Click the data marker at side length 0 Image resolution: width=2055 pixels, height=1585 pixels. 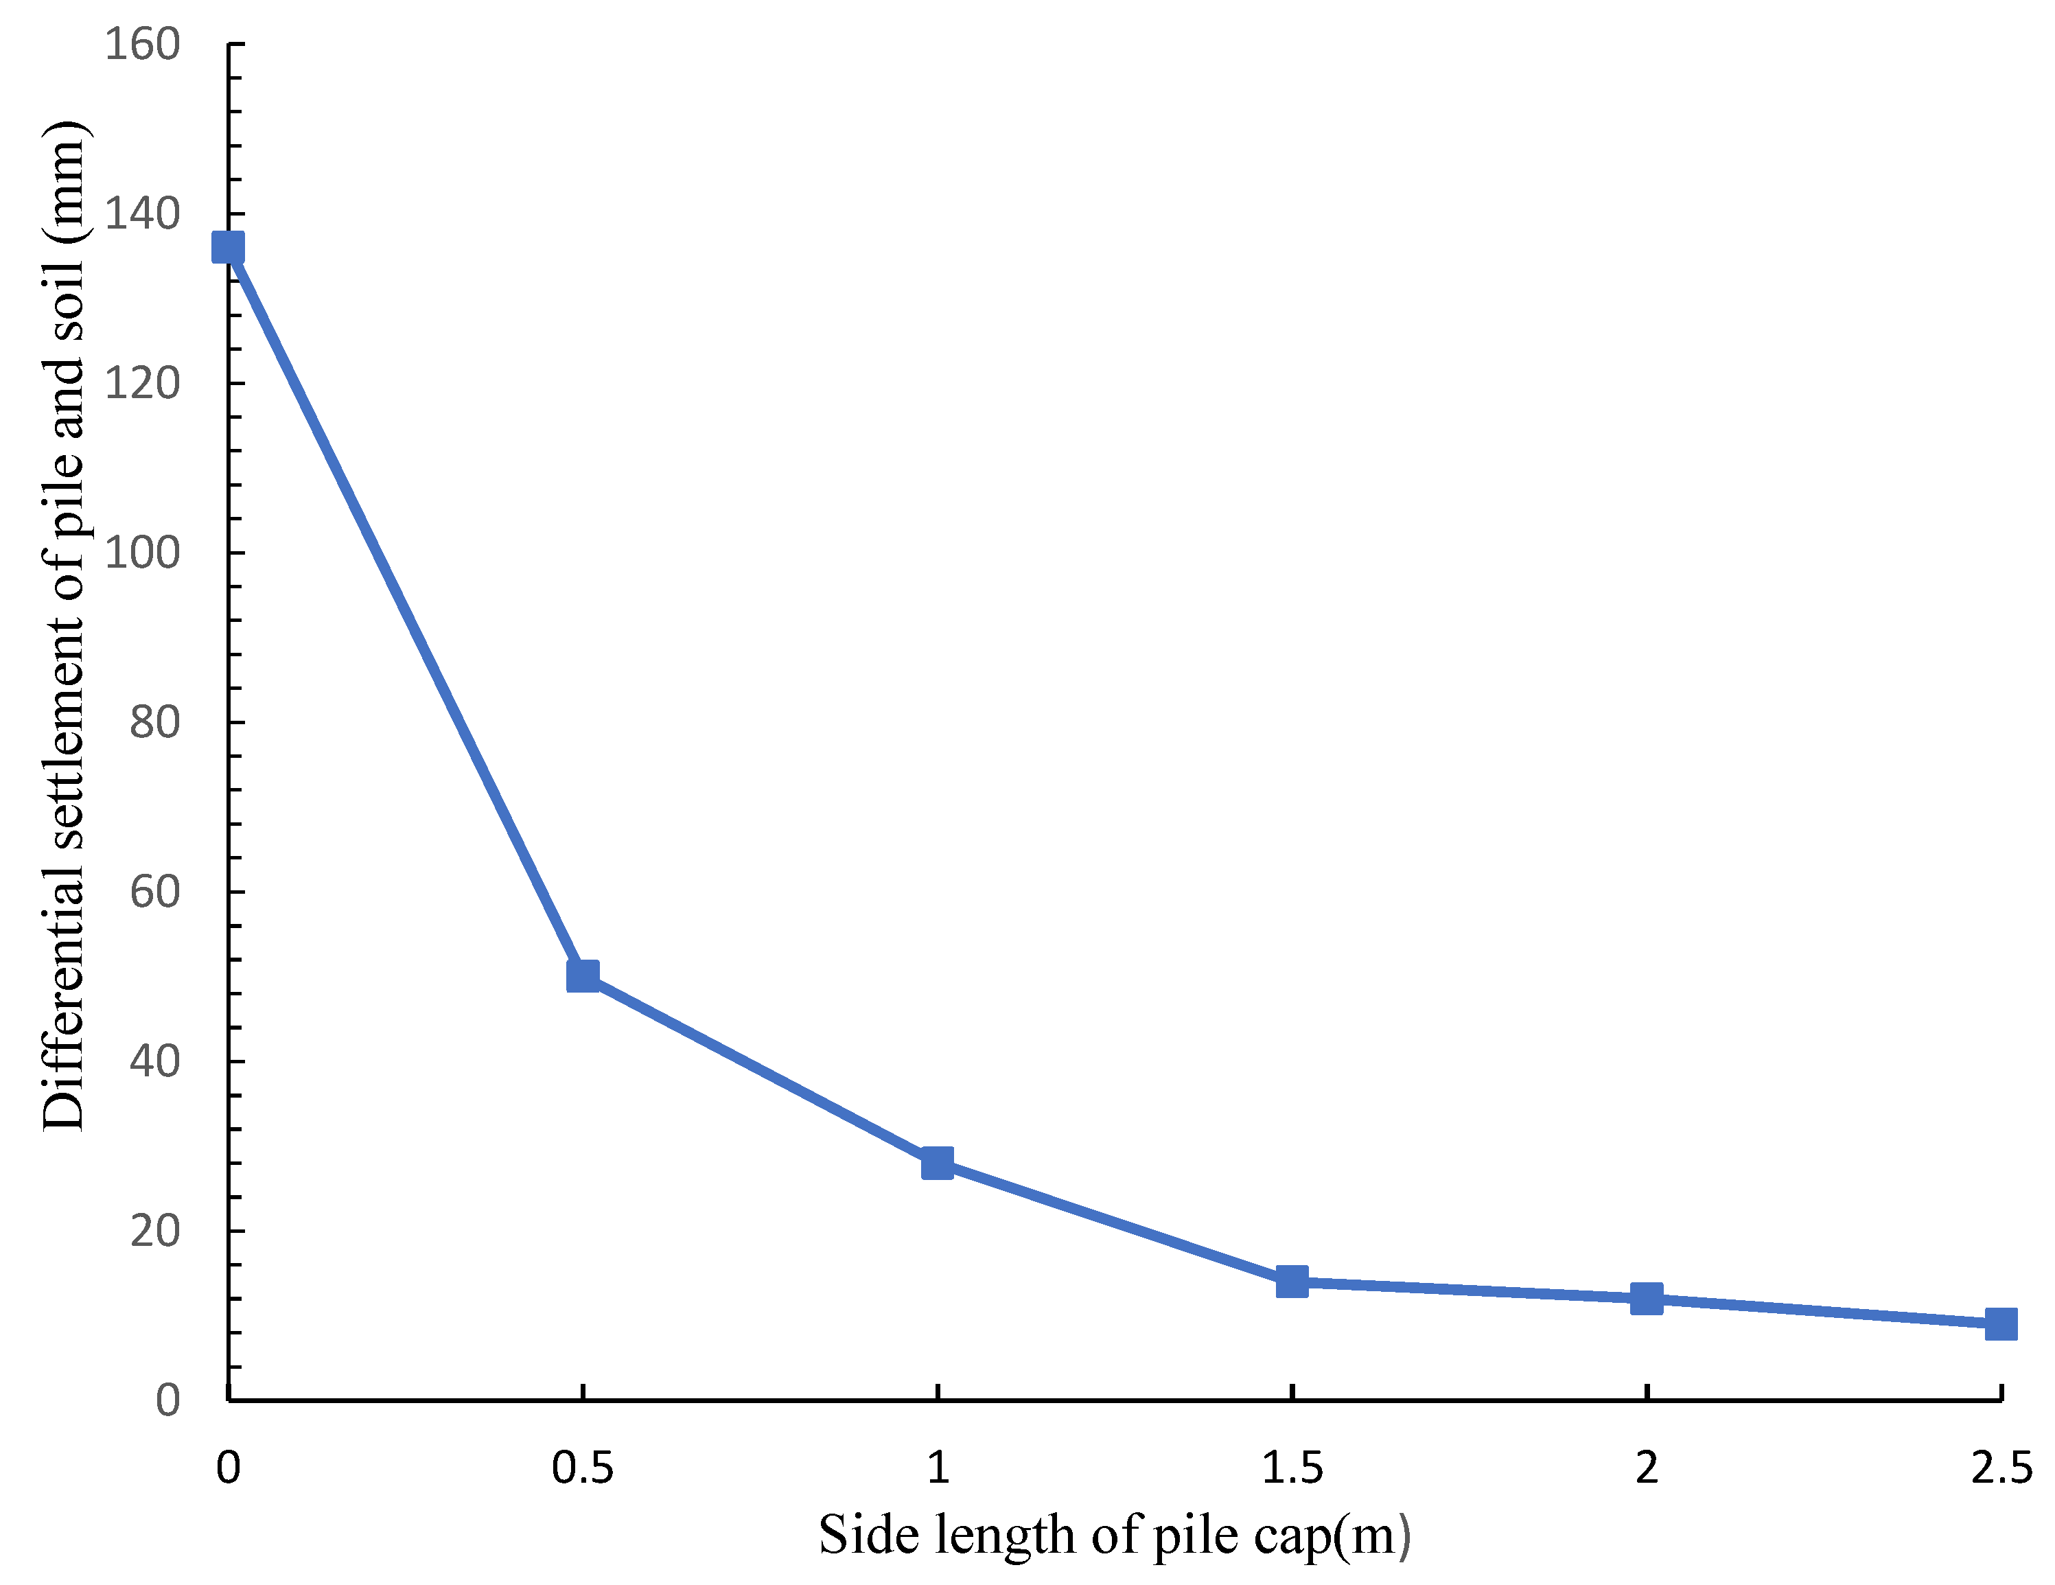(x=229, y=248)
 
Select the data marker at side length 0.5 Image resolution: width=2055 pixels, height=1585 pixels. (x=583, y=976)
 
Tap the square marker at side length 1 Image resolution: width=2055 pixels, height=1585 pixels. (x=937, y=1164)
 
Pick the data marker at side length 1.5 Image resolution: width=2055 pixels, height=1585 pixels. (x=1292, y=1281)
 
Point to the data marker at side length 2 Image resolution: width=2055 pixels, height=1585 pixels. (x=1646, y=1299)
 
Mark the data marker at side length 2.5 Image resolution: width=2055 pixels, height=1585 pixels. (x=2000, y=1323)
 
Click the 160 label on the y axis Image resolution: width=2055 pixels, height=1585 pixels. (x=142, y=44)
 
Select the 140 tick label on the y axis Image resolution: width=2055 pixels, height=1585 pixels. (x=142, y=213)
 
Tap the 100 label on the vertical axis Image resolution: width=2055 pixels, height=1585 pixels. (x=142, y=553)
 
